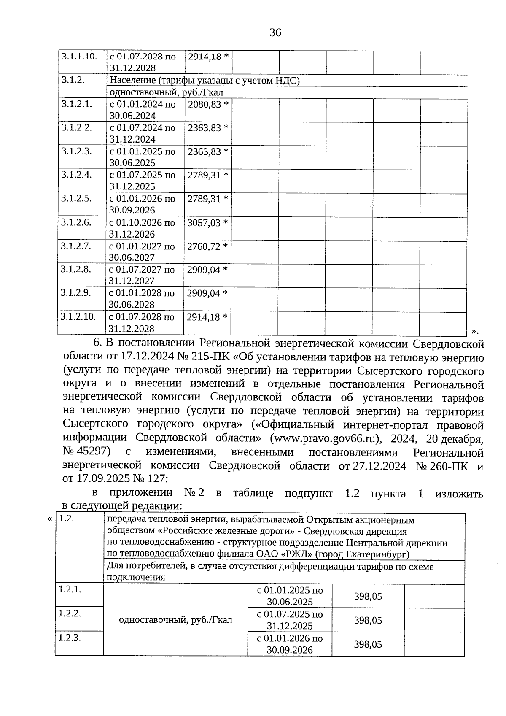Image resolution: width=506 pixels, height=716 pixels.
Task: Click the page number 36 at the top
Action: (275, 32)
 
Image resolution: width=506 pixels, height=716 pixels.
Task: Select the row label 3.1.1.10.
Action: (80, 57)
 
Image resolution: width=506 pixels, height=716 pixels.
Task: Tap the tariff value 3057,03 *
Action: (207, 223)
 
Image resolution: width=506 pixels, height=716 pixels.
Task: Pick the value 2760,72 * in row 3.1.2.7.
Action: (207, 246)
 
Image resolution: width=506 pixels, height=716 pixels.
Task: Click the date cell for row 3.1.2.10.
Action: (142, 323)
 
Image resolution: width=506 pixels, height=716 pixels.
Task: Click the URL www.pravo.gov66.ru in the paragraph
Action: (325, 438)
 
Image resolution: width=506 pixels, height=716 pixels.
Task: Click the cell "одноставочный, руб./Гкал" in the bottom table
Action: (176, 620)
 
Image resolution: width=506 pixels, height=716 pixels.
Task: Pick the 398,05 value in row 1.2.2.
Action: (368, 620)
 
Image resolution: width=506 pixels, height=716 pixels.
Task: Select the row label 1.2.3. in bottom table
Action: (70, 638)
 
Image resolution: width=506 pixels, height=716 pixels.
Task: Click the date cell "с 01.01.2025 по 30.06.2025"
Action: (290, 596)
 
